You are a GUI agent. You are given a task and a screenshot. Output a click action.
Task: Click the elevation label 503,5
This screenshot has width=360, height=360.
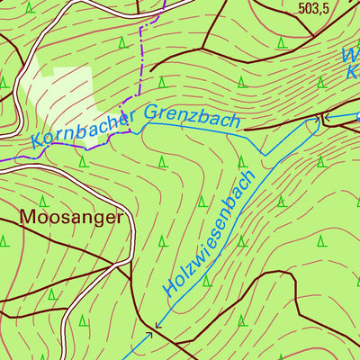[x=323, y=10]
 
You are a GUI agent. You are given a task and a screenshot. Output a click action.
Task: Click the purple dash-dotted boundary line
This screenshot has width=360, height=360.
[x=141, y=63]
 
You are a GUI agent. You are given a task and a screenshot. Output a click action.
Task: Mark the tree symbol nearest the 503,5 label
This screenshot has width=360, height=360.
[x=282, y=41]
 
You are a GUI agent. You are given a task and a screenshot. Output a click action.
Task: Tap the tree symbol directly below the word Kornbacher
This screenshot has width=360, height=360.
[x=82, y=162]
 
